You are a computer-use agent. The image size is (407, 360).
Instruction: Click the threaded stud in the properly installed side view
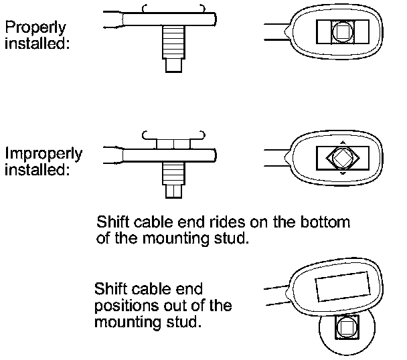(173, 46)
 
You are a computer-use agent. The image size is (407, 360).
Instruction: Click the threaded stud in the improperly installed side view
(173, 172)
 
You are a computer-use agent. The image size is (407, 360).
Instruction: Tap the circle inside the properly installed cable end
(341, 30)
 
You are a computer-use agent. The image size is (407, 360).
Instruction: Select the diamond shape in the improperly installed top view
(341, 158)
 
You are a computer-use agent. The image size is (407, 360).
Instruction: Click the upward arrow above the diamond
(342, 142)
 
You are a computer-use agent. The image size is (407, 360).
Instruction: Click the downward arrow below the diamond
(342, 174)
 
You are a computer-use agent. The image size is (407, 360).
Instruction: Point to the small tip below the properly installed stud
(173, 66)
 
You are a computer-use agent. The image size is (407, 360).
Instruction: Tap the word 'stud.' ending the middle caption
(233, 238)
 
